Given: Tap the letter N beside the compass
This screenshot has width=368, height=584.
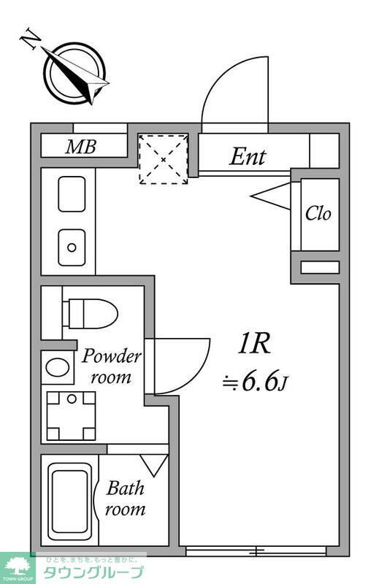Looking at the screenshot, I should [x=30, y=39].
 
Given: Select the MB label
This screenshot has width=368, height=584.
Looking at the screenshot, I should [x=80, y=147].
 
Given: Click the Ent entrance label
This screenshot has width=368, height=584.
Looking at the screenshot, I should [x=248, y=155].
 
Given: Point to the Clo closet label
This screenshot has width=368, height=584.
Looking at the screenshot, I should [x=318, y=214].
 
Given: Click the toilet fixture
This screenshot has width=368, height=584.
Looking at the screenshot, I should [x=91, y=313].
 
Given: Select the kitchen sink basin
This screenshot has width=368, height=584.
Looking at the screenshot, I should [x=72, y=193].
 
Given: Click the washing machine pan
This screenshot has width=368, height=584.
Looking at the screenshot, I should [x=71, y=415].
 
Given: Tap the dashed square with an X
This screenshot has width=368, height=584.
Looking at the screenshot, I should [x=164, y=158].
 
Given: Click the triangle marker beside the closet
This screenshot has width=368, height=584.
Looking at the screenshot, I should [x=272, y=196].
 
